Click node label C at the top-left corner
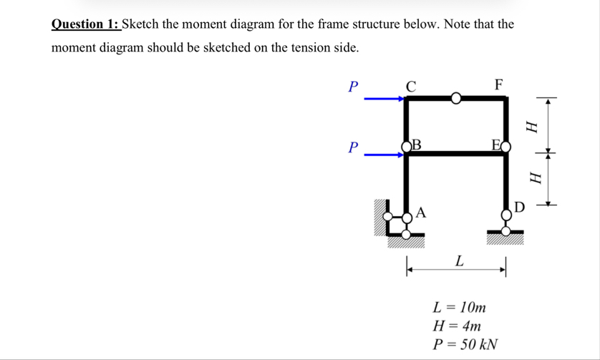click(x=410, y=85)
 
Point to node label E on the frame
click(x=495, y=146)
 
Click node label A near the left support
click(x=421, y=212)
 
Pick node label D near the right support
click(x=519, y=208)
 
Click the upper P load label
click(x=351, y=87)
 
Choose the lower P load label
click(x=351, y=148)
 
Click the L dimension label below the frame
click(x=459, y=261)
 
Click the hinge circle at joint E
click(x=506, y=147)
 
